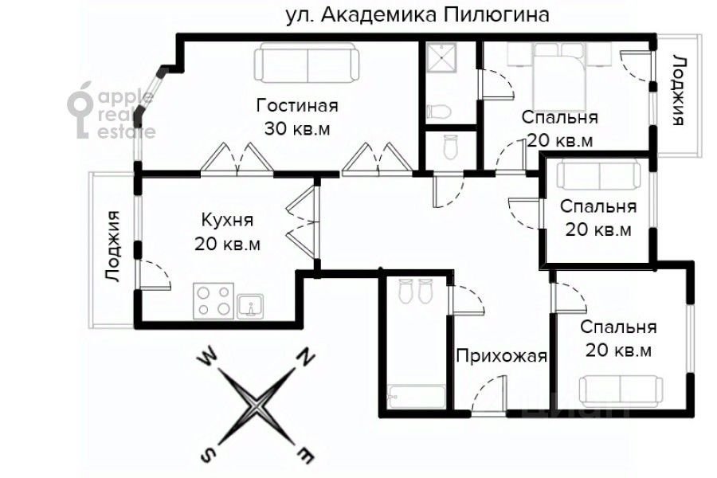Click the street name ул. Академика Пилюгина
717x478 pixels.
point(417,16)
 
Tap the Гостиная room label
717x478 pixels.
point(297,106)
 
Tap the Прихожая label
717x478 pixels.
point(501,355)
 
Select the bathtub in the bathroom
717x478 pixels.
point(415,396)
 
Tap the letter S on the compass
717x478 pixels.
point(209,455)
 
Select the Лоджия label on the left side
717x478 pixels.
point(112,246)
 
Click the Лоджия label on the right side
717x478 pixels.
point(678,91)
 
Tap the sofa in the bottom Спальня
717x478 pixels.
point(621,390)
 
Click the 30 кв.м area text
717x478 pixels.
point(297,127)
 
